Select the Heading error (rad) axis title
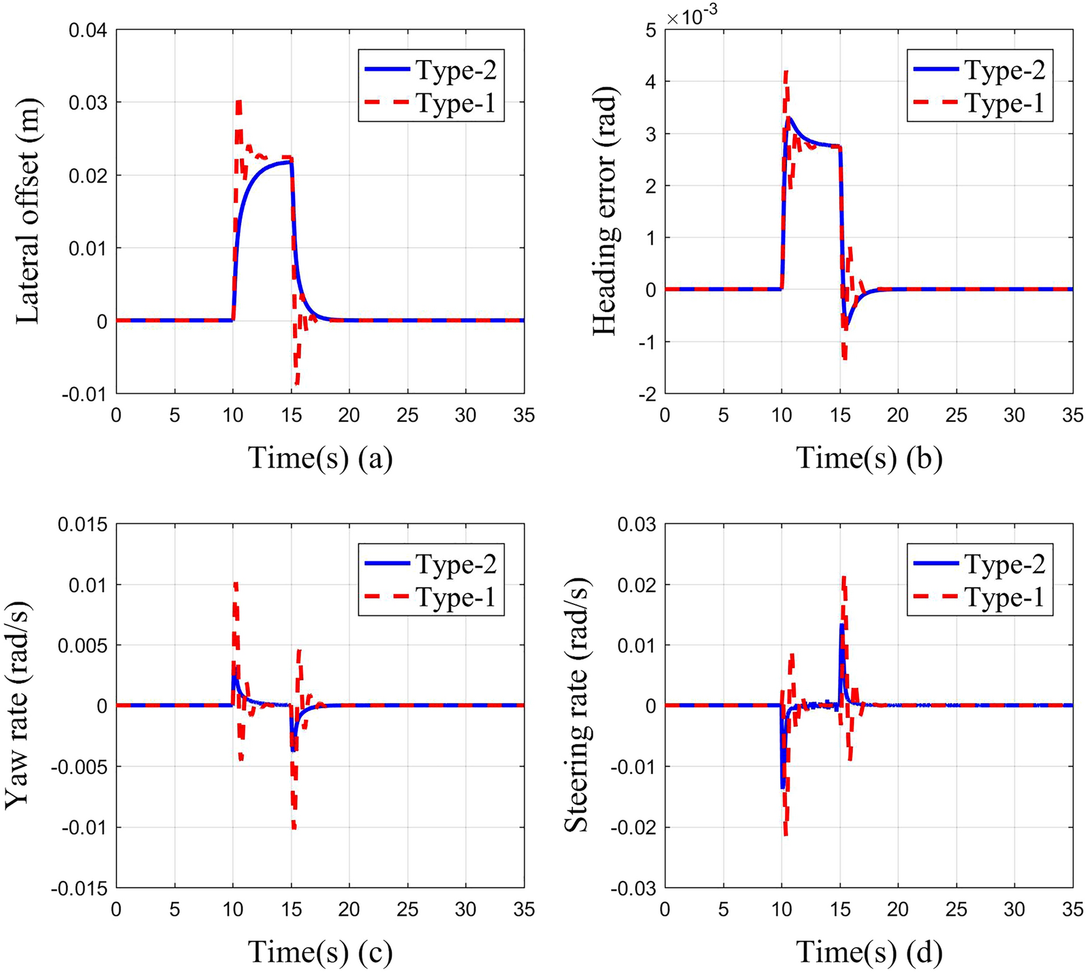pyautogui.click(x=604, y=211)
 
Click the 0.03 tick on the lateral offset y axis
pyautogui.click(x=88, y=103)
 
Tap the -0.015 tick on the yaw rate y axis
pyautogui.click(x=82, y=889)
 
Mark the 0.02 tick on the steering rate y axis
pyautogui.click(x=636, y=585)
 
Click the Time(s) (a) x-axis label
pyautogui.click(x=320, y=458)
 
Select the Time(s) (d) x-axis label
pyautogui.click(x=869, y=952)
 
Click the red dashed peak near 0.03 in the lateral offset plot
pyautogui.click(x=238, y=102)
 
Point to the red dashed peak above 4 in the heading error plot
pyautogui.click(x=786, y=72)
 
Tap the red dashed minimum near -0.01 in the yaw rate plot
pyautogui.click(x=294, y=827)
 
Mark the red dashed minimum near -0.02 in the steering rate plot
pyautogui.click(x=786, y=833)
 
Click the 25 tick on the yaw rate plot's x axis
pyautogui.click(x=407, y=910)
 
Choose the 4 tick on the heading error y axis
pyautogui.click(x=651, y=82)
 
